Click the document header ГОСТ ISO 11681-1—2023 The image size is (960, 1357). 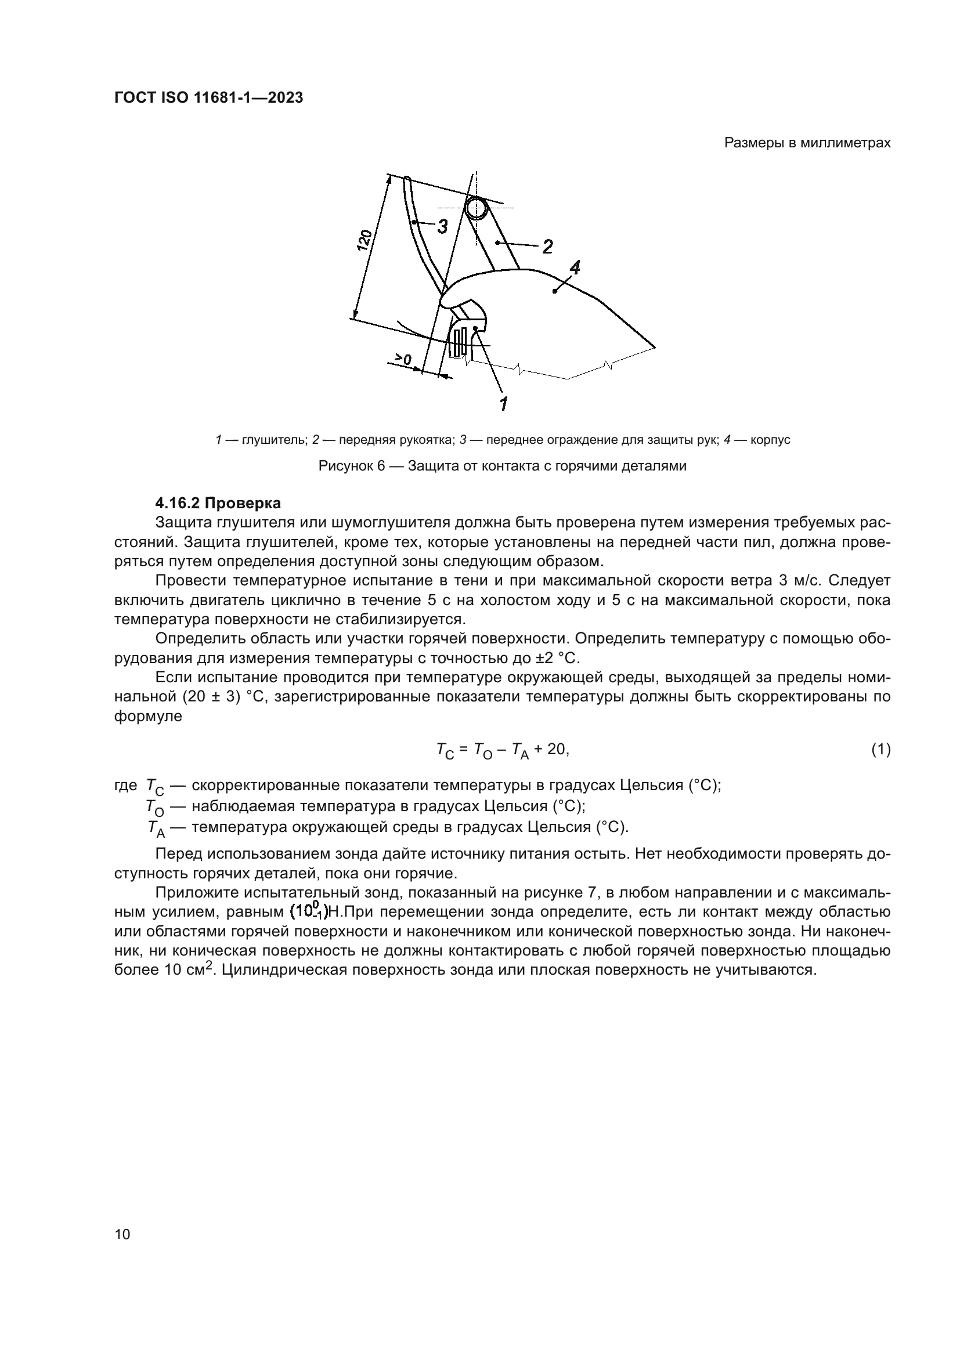point(208,98)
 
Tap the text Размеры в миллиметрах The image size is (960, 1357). point(807,143)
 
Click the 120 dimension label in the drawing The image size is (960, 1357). point(365,241)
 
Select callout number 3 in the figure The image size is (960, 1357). point(442,227)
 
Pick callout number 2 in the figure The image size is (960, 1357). point(547,247)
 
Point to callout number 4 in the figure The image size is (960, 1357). point(574,267)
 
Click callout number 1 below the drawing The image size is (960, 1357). point(504,404)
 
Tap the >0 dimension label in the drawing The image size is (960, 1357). point(404,359)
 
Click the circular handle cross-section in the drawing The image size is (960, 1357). point(477,208)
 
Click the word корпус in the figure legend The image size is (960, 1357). point(770,440)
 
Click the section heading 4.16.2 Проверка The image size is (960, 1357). point(218,503)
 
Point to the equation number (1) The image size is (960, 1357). point(880,750)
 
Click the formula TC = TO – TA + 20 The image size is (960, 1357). point(502,750)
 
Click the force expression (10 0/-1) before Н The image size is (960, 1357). point(309,912)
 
